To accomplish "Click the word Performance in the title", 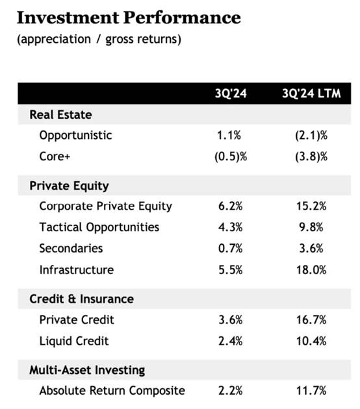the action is click(182, 18).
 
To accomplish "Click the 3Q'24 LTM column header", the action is click(311, 93).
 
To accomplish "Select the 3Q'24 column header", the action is click(231, 93).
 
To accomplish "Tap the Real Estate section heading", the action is click(60, 114).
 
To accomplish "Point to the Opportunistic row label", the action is click(76, 136).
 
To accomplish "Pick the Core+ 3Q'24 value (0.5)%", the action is click(231, 156).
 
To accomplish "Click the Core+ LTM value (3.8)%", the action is click(311, 156).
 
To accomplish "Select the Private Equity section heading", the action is click(69, 186).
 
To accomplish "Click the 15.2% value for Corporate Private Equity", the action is click(311, 206).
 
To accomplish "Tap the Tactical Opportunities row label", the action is click(99, 227).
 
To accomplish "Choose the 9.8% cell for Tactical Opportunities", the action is click(311, 227).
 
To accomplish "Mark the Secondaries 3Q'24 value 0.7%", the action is click(231, 248).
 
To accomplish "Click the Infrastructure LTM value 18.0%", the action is click(311, 270).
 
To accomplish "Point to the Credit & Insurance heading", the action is click(82, 299).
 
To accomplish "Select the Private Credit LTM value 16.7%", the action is click(311, 320).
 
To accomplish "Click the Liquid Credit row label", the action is click(74, 341).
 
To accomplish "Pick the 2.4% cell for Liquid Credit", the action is click(231, 341).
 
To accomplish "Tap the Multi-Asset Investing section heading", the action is click(87, 370).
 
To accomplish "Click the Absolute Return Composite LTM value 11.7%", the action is click(311, 391).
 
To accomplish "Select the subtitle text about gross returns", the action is click(99, 40).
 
